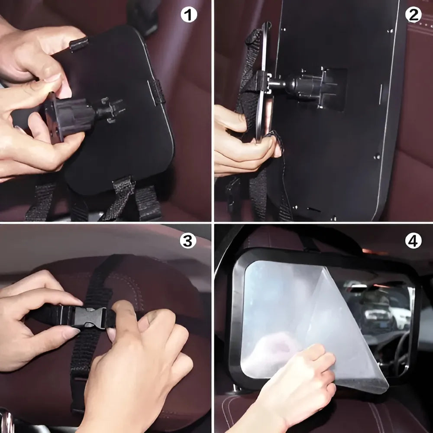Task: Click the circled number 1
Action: pyautogui.click(x=188, y=16)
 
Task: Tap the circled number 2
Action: pyautogui.click(x=413, y=15)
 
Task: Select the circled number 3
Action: pyautogui.click(x=187, y=241)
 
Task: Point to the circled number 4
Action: pyautogui.click(x=413, y=241)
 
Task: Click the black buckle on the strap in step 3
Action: pyautogui.click(x=89, y=317)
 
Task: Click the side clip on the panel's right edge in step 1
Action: pyautogui.click(x=158, y=92)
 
